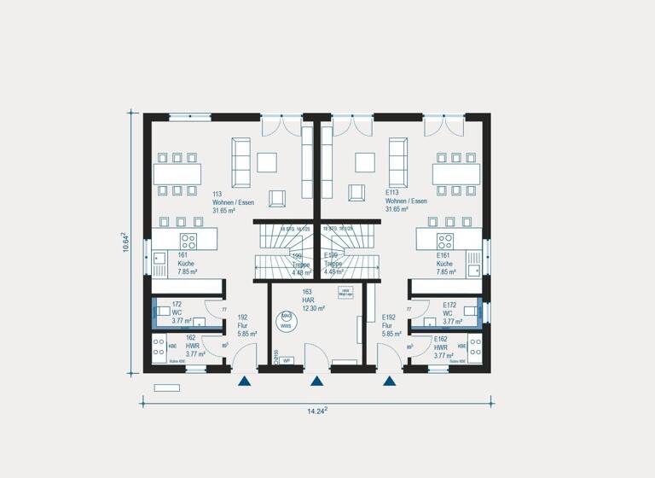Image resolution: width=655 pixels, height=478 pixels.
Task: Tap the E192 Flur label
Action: click(x=390, y=325)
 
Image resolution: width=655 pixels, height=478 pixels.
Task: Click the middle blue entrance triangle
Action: click(x=317, y=382)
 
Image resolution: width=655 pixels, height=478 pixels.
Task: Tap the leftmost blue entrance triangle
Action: click(x=244, y=382)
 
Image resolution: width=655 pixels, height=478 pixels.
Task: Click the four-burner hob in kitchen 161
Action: click(x=188, y=241)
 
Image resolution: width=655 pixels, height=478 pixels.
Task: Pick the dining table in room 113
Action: click(x=177, y=173)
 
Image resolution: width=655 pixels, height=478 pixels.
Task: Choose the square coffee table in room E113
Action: click(x=366, y=161)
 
